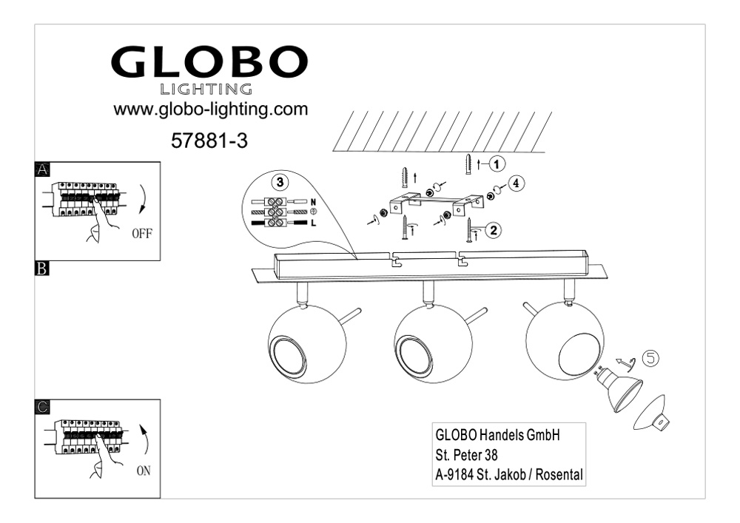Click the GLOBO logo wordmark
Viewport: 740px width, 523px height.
pos(209,62)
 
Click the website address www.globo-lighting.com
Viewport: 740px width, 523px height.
pos(210,109)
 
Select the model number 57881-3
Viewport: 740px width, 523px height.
pos(209,141)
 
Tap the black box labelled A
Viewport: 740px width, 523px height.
pos(42,169)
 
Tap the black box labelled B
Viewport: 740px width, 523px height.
pos(42,269)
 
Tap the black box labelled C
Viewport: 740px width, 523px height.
pos(42,407)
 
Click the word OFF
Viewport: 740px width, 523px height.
pos(142,234)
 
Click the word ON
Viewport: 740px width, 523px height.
pos(144,470)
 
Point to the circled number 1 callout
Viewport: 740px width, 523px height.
pos(496,164)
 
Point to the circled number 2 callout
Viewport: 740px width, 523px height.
pos(493,230)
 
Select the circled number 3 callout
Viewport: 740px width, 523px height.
pos(280,182)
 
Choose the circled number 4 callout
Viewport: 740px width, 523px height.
pos(517,183)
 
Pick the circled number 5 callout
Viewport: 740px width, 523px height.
pos(650,359)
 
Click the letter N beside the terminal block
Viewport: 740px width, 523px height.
pos(313,202)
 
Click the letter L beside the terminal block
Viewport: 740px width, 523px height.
pos(314,223)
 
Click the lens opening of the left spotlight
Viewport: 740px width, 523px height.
pos(288,357)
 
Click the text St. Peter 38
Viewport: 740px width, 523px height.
pos(466,455)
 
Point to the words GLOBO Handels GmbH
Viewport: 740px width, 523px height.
pos(497,434)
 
